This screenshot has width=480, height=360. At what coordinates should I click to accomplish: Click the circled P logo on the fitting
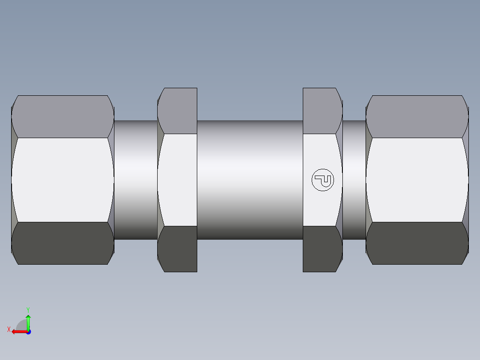click(322, 180)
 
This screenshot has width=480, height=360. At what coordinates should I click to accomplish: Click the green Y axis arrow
click(28, 321)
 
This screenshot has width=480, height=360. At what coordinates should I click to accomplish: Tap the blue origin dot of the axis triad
click(28, 331)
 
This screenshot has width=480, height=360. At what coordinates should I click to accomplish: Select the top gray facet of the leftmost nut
click(62, 116)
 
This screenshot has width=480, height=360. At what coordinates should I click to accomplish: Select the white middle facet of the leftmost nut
click(62, 180)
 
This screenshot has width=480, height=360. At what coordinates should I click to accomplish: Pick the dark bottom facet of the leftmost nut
click(62, 243)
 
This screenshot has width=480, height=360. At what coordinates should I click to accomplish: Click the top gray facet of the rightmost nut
click(417, 116)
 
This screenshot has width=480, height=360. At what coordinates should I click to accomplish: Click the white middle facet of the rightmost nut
click(417, 180)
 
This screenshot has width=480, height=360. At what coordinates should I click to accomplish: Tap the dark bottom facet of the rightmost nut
click(417, 243)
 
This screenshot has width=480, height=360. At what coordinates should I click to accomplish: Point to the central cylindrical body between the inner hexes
click(250, 180)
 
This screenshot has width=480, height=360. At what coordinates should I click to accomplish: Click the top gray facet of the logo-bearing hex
click(321, 111)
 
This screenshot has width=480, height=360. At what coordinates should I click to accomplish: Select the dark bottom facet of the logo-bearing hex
click(321, 249)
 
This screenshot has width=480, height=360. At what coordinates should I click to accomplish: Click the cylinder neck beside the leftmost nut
click(136, 180)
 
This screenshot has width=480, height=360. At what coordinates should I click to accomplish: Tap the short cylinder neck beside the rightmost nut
click(354, 180)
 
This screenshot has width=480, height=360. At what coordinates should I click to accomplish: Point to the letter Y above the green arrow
click(28, 309)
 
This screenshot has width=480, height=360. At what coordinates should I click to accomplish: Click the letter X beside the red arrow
click(9, 330)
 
